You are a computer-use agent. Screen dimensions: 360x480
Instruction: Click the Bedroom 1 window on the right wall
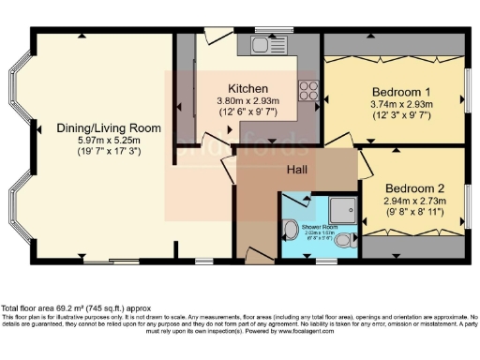(x=467, y=92)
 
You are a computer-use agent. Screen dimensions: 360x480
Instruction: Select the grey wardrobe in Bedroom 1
(x=394, y=44)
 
